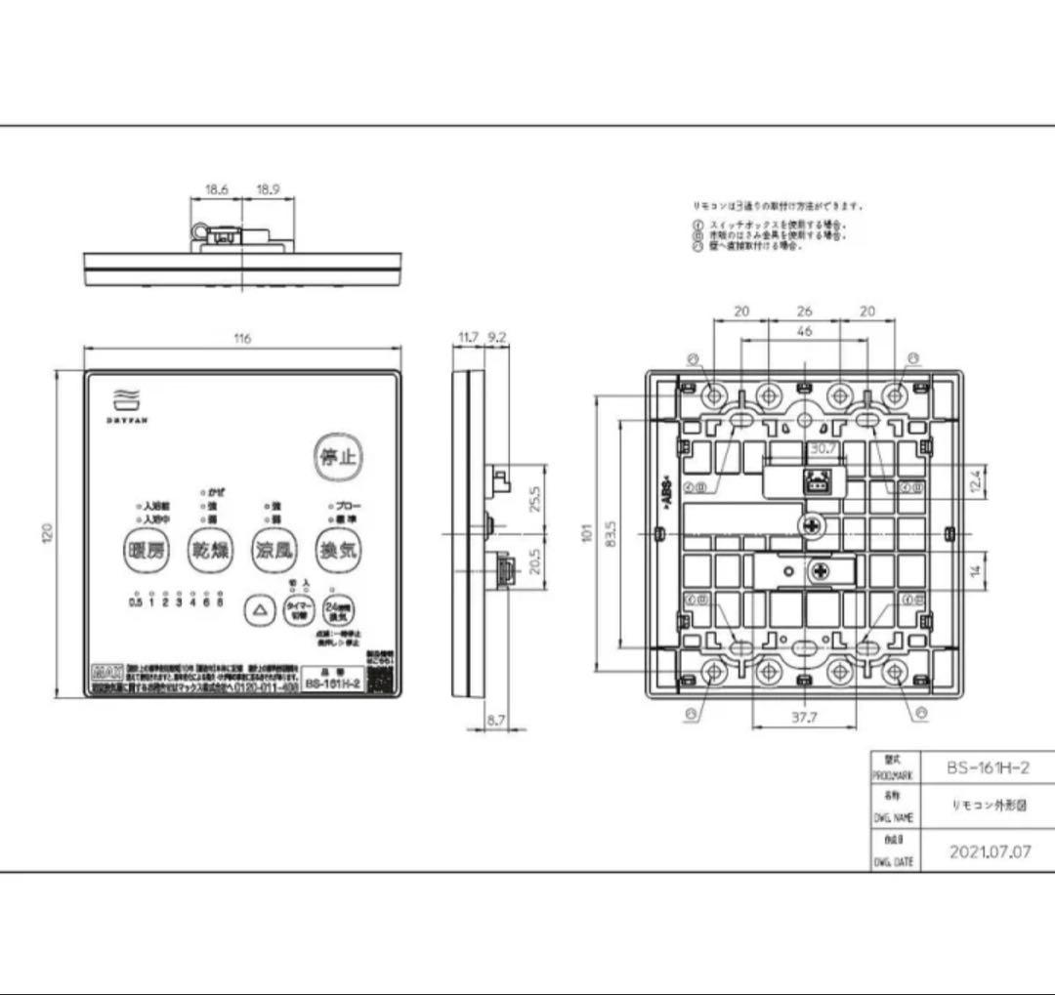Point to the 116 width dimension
point(242,339)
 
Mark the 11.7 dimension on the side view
point(468,338)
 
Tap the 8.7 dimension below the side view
point(496,720)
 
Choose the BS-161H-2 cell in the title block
point(987,767)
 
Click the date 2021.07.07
point(990,851)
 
